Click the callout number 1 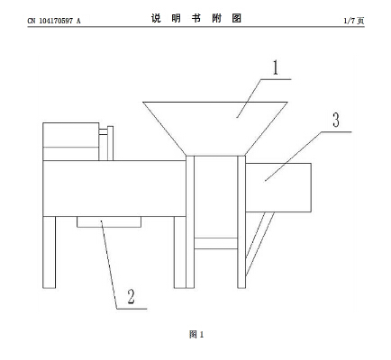276,67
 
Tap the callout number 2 131,296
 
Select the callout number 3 336,120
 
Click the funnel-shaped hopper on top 215,129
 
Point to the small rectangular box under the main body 109,221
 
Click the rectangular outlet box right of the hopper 278,187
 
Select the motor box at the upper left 71,141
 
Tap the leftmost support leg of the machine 50,252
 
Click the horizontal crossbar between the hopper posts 216,244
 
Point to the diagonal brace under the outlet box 260,244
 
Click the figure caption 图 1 196,334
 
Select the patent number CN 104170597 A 54,21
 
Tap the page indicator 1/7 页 354,21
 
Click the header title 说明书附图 196,19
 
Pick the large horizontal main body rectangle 114,188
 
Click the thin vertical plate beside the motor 110,143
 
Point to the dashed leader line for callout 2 109,264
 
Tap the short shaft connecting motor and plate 104,132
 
